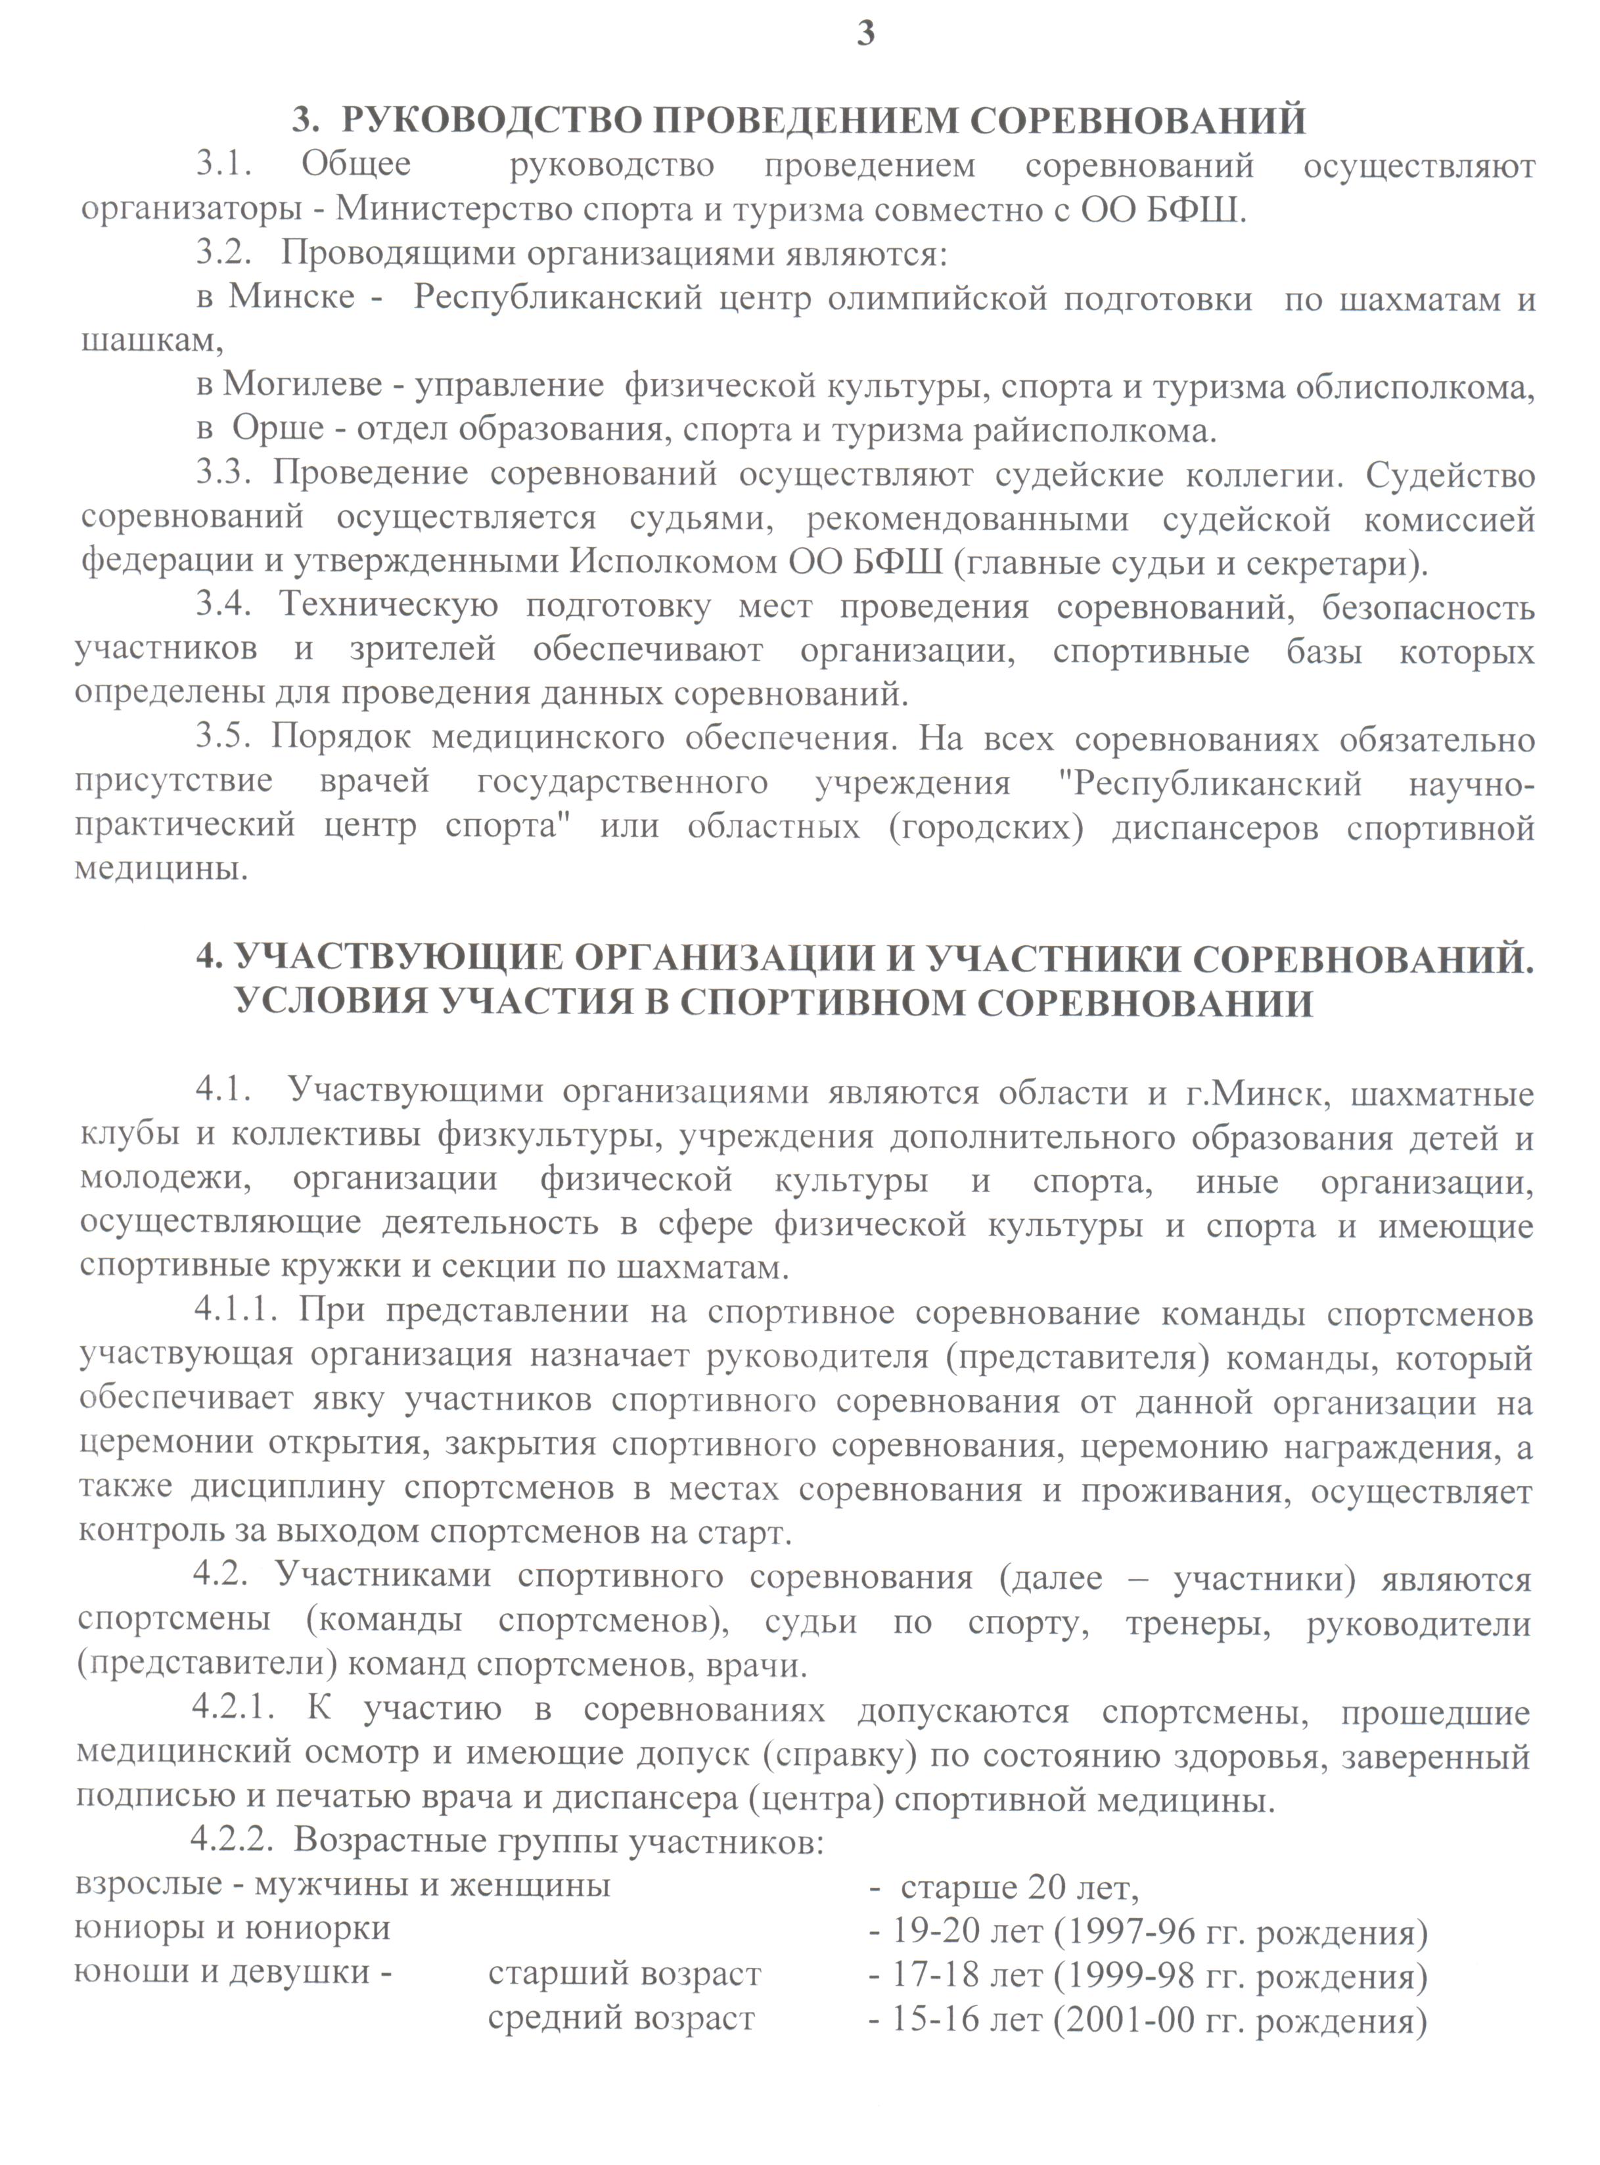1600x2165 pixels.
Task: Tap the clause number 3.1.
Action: [x=225, y=165]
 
